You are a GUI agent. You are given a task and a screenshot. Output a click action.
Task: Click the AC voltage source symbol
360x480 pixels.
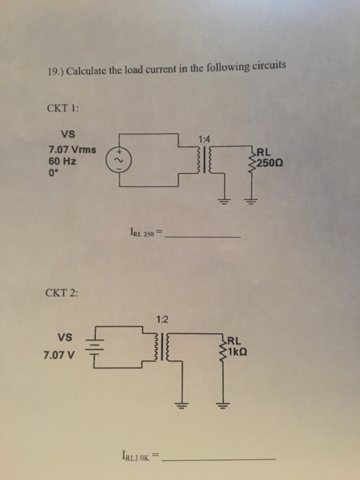pos(119,160)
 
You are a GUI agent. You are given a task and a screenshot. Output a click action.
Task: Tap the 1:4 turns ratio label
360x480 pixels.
pos(204,140)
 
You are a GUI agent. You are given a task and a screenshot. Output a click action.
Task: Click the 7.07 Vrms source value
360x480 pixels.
pos(72,150)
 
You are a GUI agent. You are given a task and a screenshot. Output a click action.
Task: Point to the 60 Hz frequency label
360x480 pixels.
pos(62,161)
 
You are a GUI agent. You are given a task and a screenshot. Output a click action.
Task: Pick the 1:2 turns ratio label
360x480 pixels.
pos(162,320)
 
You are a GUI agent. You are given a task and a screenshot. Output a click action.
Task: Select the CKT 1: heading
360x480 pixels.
pos(63,108)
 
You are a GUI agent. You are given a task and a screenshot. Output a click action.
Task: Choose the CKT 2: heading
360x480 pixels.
pos(62,293)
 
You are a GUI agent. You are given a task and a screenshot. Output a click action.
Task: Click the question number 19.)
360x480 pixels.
pos(56,71)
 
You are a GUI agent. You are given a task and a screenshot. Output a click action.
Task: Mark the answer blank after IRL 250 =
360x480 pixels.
pos(202,237)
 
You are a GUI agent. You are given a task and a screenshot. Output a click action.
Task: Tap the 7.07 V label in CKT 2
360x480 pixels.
pos(59,355)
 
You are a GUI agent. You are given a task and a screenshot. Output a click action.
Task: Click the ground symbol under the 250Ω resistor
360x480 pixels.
pos(252,202)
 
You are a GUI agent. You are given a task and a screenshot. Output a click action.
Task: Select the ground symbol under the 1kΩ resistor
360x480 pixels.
pos(223,406)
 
